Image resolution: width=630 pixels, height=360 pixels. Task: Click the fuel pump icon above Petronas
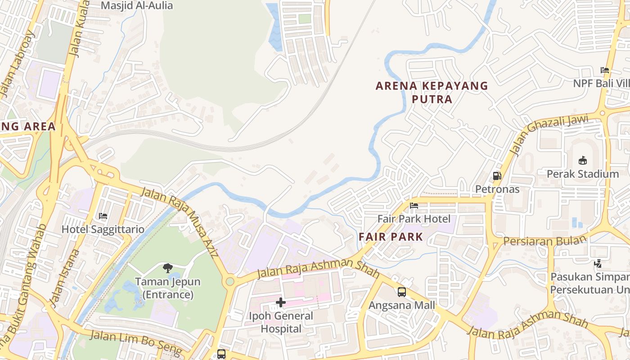(x=497, y=176)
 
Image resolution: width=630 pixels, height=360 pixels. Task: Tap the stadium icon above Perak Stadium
(x=583, y=161)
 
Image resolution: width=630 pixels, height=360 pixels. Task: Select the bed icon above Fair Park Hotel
(x=414, y=206)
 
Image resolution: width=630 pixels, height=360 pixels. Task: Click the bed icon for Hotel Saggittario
(x=103, y=216)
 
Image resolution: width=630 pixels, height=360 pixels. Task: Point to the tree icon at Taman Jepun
(x=168, y=269)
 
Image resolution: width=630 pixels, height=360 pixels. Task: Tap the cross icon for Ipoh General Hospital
(x=281, y=302)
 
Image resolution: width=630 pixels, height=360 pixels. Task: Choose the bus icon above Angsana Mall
(x=402, y=292)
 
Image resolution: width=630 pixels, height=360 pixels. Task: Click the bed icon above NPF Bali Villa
(x=605, y=70)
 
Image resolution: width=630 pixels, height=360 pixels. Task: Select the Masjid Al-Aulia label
(x=137, y=6)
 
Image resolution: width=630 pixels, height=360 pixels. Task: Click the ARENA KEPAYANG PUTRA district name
(x=432, y=92)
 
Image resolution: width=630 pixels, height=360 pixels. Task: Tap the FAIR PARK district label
(x=391, y=237)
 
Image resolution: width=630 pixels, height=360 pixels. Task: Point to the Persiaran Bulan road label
(x=545, y=240)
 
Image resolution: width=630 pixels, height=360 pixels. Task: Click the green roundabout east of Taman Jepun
(x=230, y=282)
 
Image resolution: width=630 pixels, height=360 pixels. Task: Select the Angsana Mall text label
(x=402, y=306)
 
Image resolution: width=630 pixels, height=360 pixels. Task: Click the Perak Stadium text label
(x=583, y=174)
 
